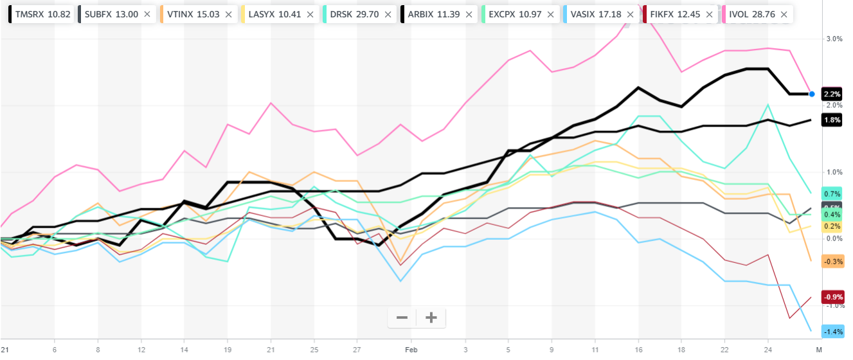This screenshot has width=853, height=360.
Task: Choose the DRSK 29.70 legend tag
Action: pos(353,14)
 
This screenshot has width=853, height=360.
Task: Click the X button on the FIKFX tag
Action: pos(710,14)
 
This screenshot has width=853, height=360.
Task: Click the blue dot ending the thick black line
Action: pos(812,94)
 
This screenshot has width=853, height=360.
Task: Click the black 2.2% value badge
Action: pos(832,94)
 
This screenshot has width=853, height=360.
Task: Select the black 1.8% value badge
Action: pos(832,120)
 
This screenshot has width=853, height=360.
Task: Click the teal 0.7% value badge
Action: pos(832,194)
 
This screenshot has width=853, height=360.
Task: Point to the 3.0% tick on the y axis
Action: pos(834,39)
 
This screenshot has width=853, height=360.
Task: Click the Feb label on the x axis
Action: pos(411,350)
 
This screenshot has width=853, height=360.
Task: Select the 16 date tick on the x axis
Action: pos(639,350)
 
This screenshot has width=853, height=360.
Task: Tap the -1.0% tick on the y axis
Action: pos(833,306)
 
